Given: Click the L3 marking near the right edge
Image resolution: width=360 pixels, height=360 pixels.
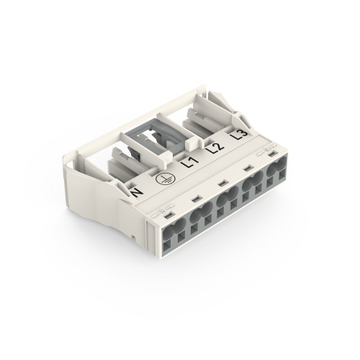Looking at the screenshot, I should (240, 135).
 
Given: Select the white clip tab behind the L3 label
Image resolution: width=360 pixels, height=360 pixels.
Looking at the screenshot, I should (216, 115).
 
